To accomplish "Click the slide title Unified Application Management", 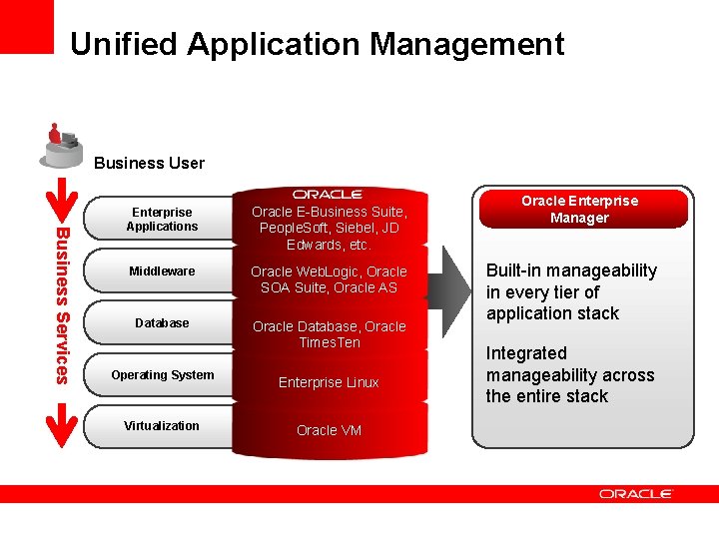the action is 317,44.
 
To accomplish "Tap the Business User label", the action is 149,163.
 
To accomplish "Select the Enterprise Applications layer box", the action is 162,219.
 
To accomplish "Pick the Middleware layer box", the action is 162,271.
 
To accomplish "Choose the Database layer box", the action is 162,323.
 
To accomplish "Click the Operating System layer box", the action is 162,375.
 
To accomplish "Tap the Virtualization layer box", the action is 162,426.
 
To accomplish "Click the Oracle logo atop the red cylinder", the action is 328,194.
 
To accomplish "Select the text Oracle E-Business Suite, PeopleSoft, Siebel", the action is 329,228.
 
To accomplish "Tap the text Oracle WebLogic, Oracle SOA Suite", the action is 329,279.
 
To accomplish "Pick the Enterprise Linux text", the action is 329,382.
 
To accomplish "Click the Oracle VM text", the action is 329,430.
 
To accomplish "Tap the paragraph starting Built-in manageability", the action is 571,291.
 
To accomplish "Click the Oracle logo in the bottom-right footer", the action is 636,493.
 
